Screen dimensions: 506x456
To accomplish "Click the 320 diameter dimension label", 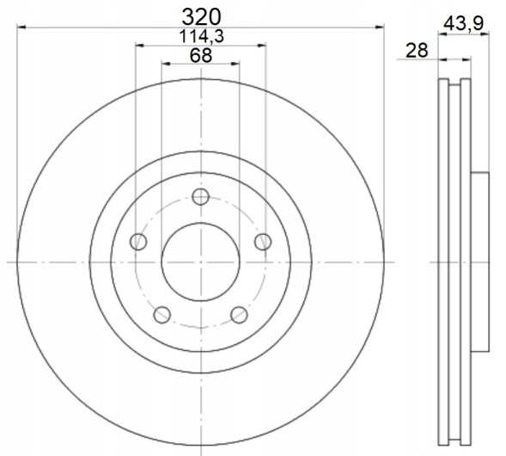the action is [201, 17].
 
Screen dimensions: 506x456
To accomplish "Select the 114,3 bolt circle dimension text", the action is [201, 36].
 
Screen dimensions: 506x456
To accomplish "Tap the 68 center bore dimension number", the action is [201, 55].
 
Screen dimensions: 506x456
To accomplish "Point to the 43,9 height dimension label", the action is [463, 23].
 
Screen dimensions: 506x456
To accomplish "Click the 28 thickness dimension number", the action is [417, 51].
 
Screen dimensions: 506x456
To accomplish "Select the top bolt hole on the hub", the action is [201, 196].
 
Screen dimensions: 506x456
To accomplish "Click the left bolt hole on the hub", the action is [138, 242].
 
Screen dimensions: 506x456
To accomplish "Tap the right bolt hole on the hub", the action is [263, 242].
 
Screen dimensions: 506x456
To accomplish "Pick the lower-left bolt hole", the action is [162, 315].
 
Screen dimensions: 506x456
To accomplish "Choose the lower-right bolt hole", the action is [239, 315].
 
